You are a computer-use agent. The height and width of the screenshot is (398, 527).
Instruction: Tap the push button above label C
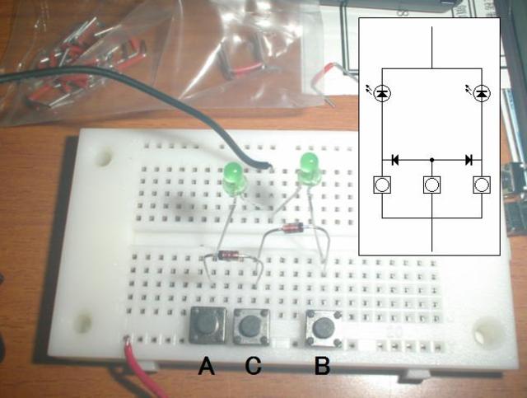click(250, 327)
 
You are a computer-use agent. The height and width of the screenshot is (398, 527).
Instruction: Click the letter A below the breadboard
click(206, 366)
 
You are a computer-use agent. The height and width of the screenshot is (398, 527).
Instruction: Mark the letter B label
click(322, 366)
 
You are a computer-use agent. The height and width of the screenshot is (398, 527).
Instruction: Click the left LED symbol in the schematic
click(381, 93)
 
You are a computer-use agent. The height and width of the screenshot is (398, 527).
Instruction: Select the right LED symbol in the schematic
click(483, 93)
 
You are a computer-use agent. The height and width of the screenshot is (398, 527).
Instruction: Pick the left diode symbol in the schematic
click(394, 159)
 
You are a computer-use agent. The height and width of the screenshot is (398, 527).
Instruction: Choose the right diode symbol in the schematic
click(469, 159)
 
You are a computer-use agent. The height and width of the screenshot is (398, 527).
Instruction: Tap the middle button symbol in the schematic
click(432, 185)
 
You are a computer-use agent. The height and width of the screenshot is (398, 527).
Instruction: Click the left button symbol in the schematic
click(382, 185)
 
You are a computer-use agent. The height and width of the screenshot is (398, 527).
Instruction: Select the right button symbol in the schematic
click(483, 185)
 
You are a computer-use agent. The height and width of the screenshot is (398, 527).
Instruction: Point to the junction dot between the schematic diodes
click(432, 159)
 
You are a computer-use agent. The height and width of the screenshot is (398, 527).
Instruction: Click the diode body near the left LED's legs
click(226, 256)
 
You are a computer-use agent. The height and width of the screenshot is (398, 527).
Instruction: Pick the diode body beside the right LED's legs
click(293, 228)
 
